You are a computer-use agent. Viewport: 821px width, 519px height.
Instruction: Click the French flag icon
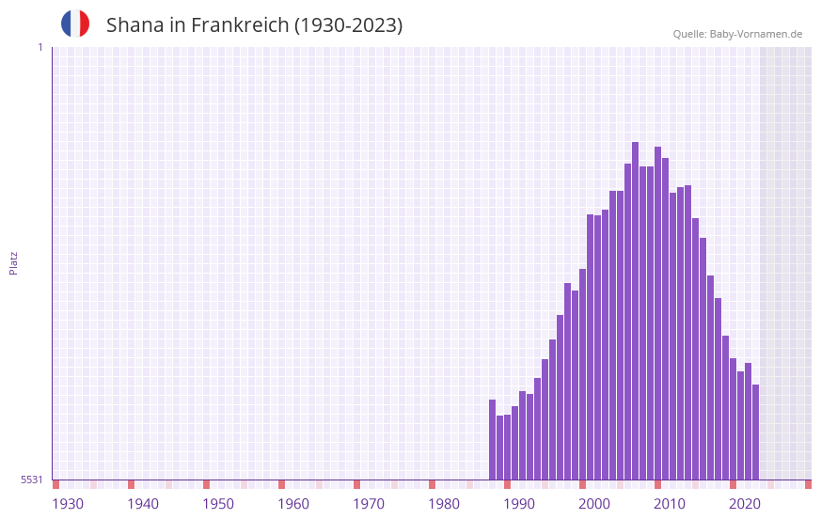75,24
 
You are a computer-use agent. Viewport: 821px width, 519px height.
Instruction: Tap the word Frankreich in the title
240,25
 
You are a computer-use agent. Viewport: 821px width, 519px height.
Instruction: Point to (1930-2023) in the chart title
349,25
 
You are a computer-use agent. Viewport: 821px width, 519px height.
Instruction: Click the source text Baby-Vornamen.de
756,34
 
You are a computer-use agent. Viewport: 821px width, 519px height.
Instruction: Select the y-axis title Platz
13,262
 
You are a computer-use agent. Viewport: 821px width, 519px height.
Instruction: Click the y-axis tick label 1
39,47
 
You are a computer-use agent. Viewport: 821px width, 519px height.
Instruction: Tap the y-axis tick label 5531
32,480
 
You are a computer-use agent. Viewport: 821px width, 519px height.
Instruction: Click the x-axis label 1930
68,504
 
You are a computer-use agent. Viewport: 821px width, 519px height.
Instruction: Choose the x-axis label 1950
218,504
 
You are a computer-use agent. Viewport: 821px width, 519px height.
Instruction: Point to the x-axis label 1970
369,504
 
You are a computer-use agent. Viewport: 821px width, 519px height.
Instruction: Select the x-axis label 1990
519,504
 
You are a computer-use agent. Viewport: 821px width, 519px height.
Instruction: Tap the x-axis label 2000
594,504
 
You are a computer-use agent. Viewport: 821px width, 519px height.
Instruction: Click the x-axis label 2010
670,504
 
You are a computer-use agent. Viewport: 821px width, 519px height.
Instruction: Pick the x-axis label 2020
745,504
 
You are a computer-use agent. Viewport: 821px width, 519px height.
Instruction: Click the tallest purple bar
636,310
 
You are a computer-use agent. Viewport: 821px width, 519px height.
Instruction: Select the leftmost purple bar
492,439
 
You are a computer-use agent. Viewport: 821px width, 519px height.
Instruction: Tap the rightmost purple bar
755,432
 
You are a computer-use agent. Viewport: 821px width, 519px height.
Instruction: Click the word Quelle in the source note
688,34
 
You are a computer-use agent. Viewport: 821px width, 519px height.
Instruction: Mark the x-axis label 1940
143,504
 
